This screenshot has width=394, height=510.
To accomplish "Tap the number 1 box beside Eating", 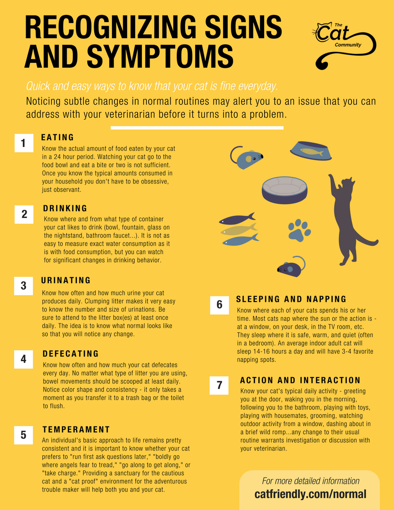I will tap(24, 143).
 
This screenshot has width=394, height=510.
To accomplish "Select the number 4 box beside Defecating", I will tap(24, 359).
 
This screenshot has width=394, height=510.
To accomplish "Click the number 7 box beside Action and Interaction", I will tap(219, 385).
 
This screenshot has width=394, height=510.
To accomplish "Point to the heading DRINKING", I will tap(65, 209).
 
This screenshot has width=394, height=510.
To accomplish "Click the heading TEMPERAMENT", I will tap(76, 429).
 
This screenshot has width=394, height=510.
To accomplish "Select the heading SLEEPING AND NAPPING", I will tap(291, 299).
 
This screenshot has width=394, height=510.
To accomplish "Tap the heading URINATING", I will tap(66, 280).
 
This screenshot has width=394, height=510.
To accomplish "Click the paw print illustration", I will tap(299, 229).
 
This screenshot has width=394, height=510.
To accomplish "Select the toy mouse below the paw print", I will tap(291, 267).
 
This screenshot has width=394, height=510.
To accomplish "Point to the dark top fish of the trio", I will tap(237, 219).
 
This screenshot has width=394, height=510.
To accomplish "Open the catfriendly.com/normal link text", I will tap(310, 494).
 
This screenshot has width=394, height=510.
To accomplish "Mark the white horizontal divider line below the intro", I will tap(197, 128).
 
